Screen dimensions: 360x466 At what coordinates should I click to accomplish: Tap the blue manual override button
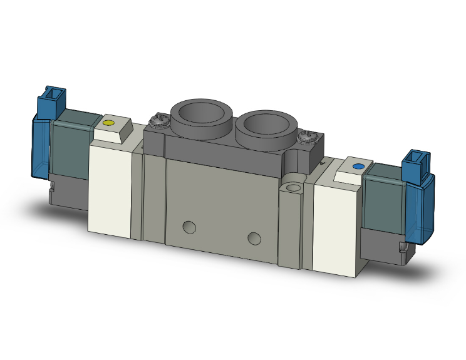coord(358,167)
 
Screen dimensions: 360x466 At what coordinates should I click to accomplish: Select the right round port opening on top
coord(266,123)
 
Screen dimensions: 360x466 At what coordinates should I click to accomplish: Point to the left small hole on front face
coord(189,225)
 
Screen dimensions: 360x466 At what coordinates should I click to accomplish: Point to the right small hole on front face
coord(254,237)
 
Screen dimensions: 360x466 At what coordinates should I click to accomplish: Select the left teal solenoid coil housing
coord(70,144)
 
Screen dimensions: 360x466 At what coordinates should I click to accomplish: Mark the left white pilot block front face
coord(110,188)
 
